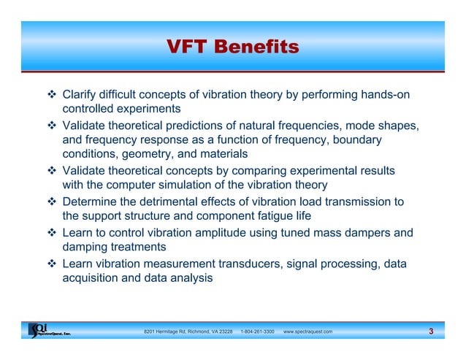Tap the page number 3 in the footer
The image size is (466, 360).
click(x=432, y=332)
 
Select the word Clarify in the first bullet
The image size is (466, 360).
click(x=81, y=94)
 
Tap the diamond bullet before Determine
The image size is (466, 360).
click(x=53, y=202)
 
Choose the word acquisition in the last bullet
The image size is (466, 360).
click(x=91, y=278)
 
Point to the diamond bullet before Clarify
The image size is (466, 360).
click(x=53, y=94)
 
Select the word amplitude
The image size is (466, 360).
click(x=207, y=233)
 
